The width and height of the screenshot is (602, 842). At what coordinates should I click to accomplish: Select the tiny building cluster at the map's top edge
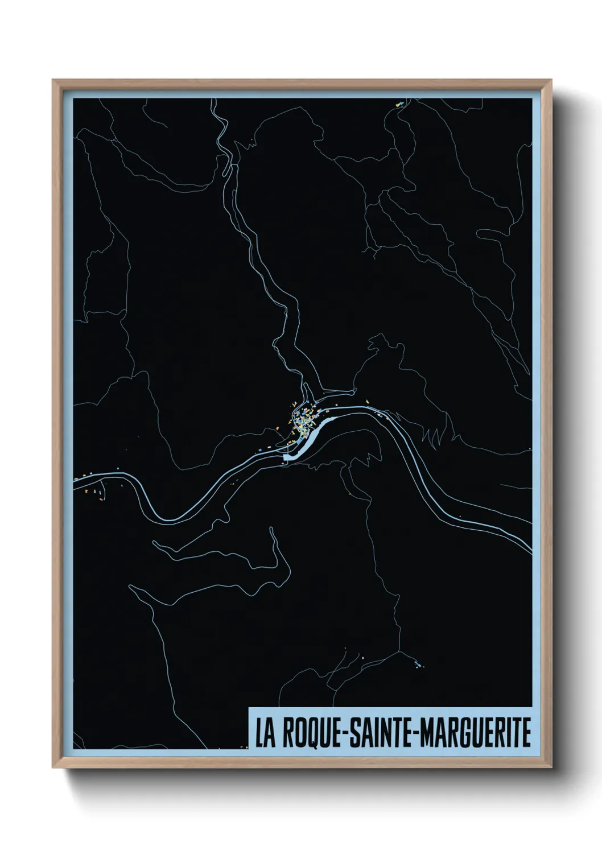point(399,104)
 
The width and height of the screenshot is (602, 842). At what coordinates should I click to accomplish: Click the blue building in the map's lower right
point(419,664)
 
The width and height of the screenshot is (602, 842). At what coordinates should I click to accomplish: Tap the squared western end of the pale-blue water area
point(287,456)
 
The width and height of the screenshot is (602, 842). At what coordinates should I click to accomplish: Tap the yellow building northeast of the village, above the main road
point(368,403)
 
